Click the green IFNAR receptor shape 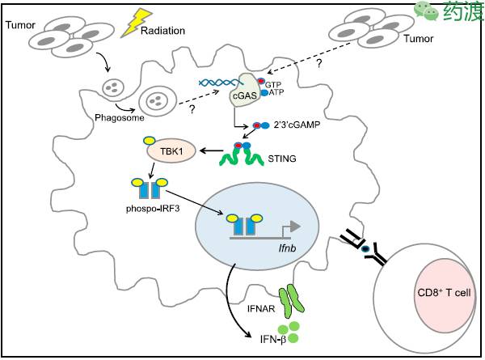[x=289, y=299]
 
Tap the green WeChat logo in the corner [x=427, y=10]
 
